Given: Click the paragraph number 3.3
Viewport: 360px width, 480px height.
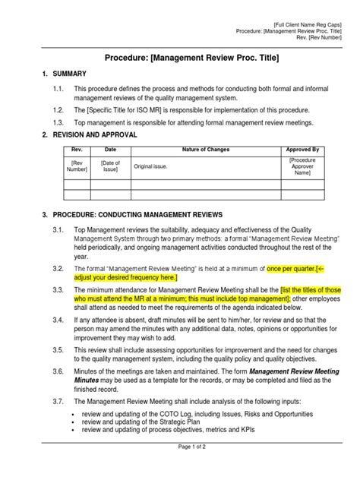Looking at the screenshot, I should pyautogui.click(x=56, y=291).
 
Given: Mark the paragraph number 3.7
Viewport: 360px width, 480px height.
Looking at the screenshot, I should pyautogui.click(x=56, y=400).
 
